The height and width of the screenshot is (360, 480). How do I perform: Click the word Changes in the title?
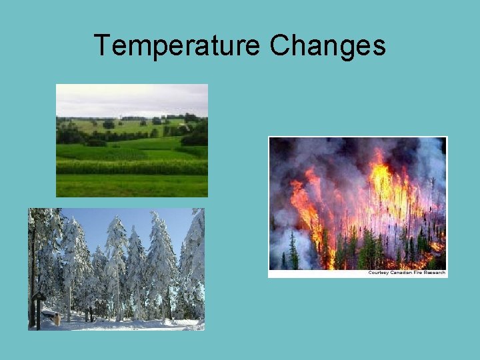coord(327,46)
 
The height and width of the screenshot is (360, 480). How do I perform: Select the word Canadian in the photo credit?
coord(400,273)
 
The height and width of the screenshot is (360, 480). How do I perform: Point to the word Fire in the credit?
coord(418,273)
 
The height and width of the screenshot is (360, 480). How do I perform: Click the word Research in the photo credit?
coord(435,273)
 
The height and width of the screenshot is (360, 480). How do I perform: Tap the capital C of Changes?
coord(280,46)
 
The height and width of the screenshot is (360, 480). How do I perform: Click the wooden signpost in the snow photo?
coord(39,307)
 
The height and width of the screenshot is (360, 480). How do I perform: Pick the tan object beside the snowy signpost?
coord(57,319)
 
